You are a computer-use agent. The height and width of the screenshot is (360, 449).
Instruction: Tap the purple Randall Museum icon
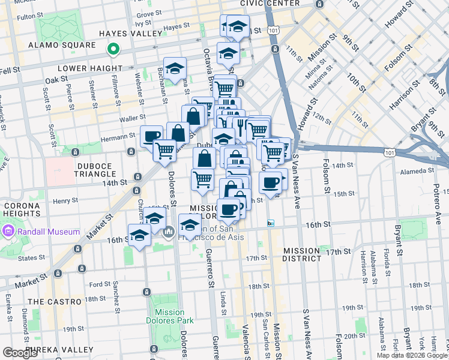pyautogui.click(x=8, y=231)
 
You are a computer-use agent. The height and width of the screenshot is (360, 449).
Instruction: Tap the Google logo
pyautogui.click(x=20, y=353)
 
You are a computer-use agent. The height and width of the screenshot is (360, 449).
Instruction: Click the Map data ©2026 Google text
pyautogui.click(x=411, y=355)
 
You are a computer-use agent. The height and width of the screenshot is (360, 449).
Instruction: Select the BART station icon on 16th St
pyautogui.click(x=271, y=223)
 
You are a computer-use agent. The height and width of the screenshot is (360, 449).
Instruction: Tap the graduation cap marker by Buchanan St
pyautogui.click(x=175, y=68)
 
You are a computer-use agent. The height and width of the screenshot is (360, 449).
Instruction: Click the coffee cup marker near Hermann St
pyautogui.click(x=151, y=136)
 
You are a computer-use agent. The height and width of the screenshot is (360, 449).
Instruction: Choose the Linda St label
pyautogui.click(x=223, y=303)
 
